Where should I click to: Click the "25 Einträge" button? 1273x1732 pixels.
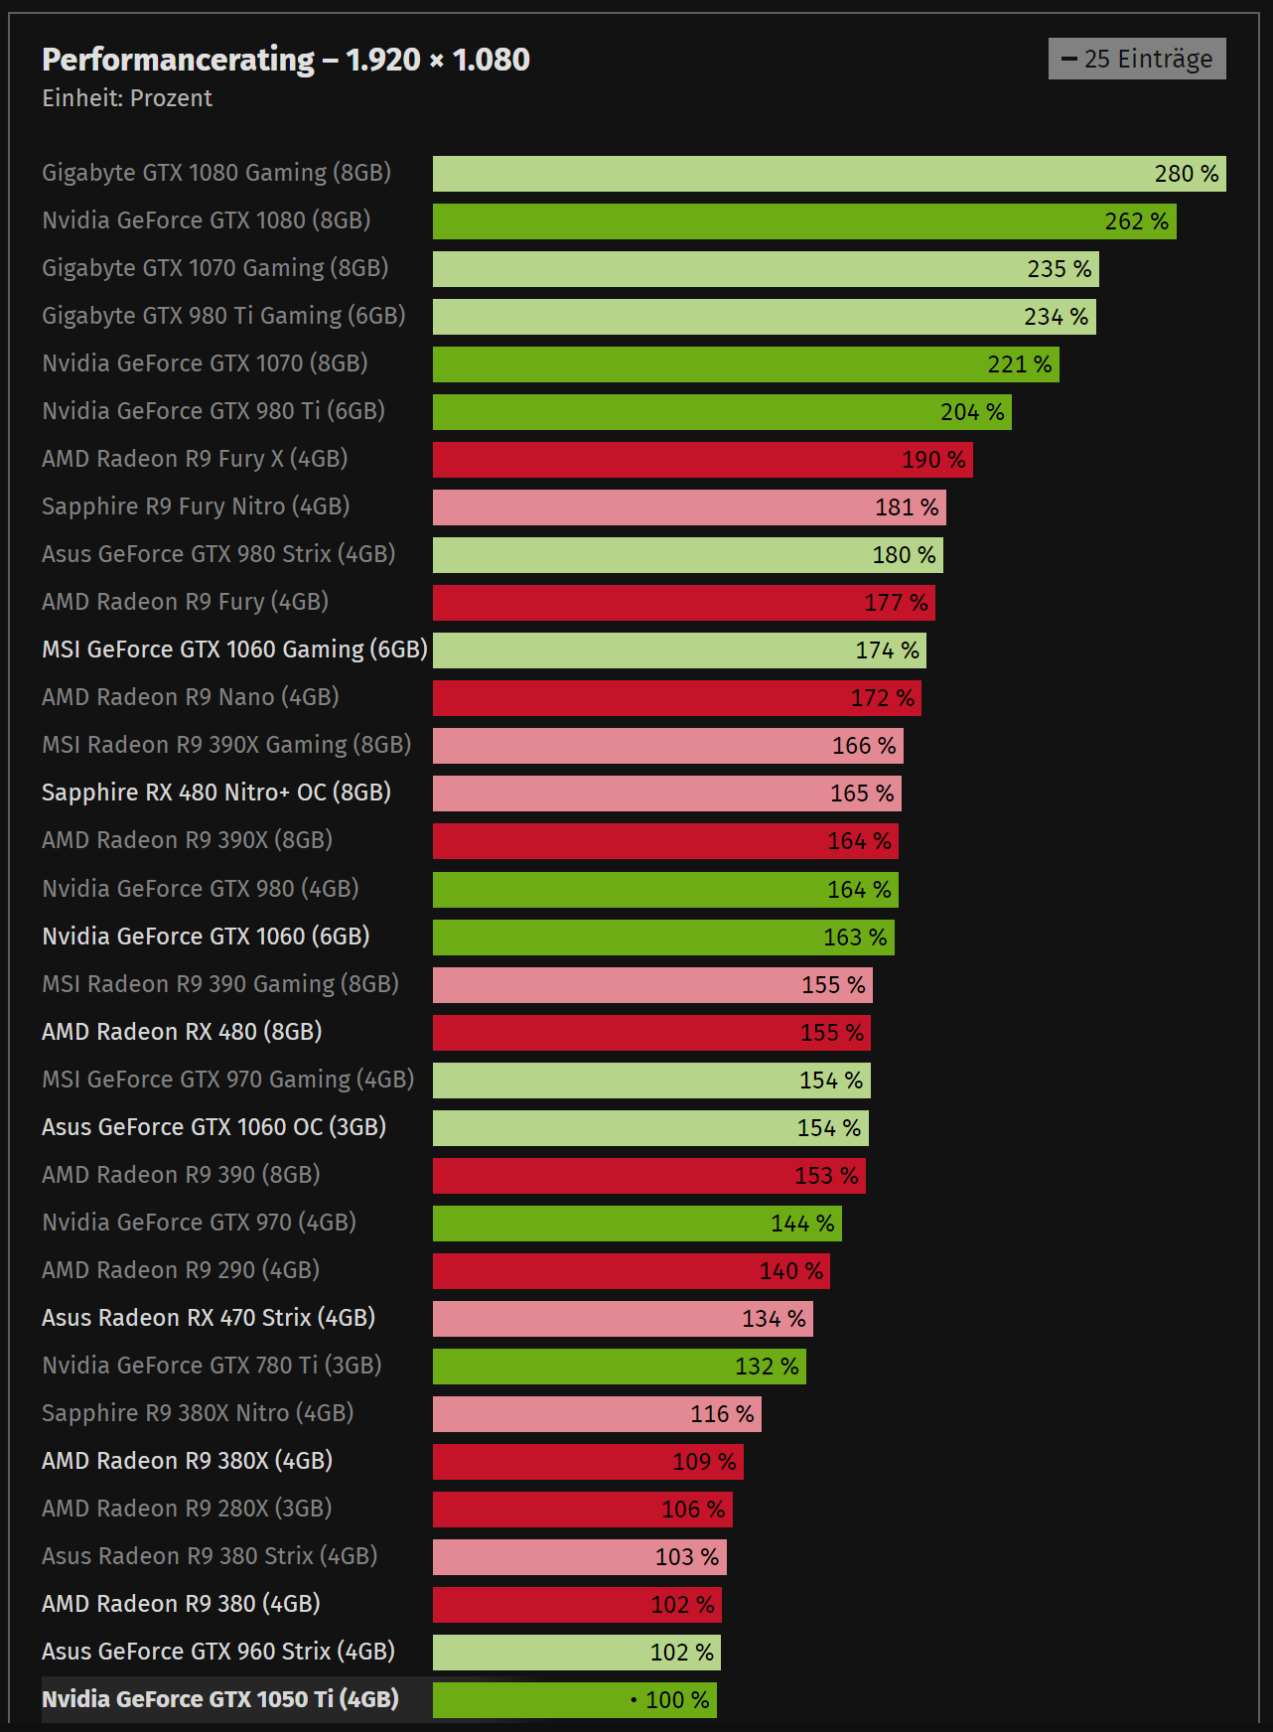click(x=1137, y=59)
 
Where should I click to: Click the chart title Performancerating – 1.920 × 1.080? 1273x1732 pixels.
click(x=286, y=60)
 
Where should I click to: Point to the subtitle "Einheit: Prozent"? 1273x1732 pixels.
click(x=127, y=98)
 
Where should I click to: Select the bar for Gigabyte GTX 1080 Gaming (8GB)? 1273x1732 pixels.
click(x=794, y=174)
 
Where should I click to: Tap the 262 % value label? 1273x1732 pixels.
click(x=1136, y=221)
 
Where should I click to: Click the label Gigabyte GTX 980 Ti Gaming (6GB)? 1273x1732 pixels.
click(x=223, y=316)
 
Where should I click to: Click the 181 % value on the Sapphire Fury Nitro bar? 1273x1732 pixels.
click(x=906, y=507)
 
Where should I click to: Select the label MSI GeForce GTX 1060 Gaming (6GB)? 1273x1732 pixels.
click(x=234, y=649)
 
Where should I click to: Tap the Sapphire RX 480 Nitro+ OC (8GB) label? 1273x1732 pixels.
click(x=216, y=793)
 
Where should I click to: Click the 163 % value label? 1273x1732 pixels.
click(x=855, y=938)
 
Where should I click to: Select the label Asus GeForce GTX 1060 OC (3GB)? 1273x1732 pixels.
click(x=213, y=1127)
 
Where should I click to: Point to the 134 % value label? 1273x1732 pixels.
click(x=774, y=1319)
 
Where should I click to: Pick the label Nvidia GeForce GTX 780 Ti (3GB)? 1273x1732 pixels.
click(x=212, y=1366)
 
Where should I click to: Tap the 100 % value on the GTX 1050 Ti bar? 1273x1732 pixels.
click(x=677, y=1700)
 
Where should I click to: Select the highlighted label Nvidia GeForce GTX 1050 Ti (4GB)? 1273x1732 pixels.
click(x=220, y=1699)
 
